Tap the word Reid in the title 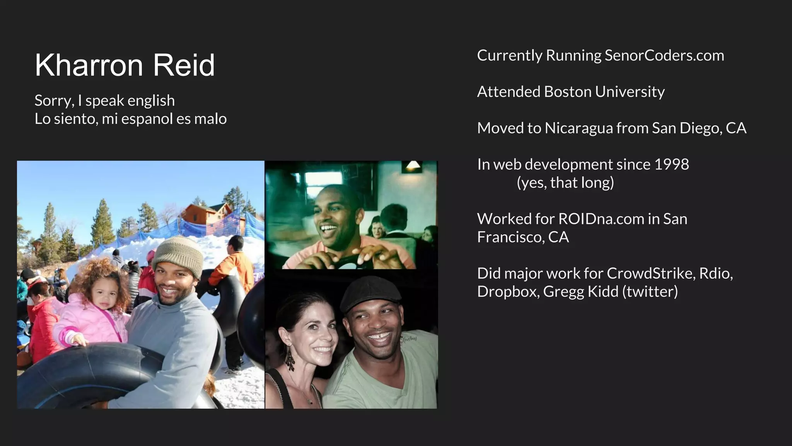[x=184, y=65]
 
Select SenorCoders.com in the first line [x=664, y=55]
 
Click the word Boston [x=567, y=92]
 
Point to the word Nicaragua [x=579, y=128]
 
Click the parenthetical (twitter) [x=650, y=292]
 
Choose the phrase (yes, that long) [x=565, y=183]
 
